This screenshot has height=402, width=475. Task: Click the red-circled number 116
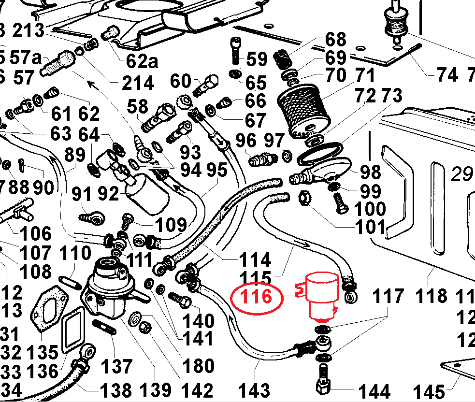click(256, 297)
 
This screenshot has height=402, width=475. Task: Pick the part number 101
click(370, 226)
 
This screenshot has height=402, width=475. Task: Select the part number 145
click(429, 391)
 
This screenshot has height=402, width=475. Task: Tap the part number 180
click(198, 366)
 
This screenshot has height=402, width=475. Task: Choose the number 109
click(170, 225)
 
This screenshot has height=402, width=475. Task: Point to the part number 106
click(35, 234)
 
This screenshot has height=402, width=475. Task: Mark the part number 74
click(446, 75)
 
